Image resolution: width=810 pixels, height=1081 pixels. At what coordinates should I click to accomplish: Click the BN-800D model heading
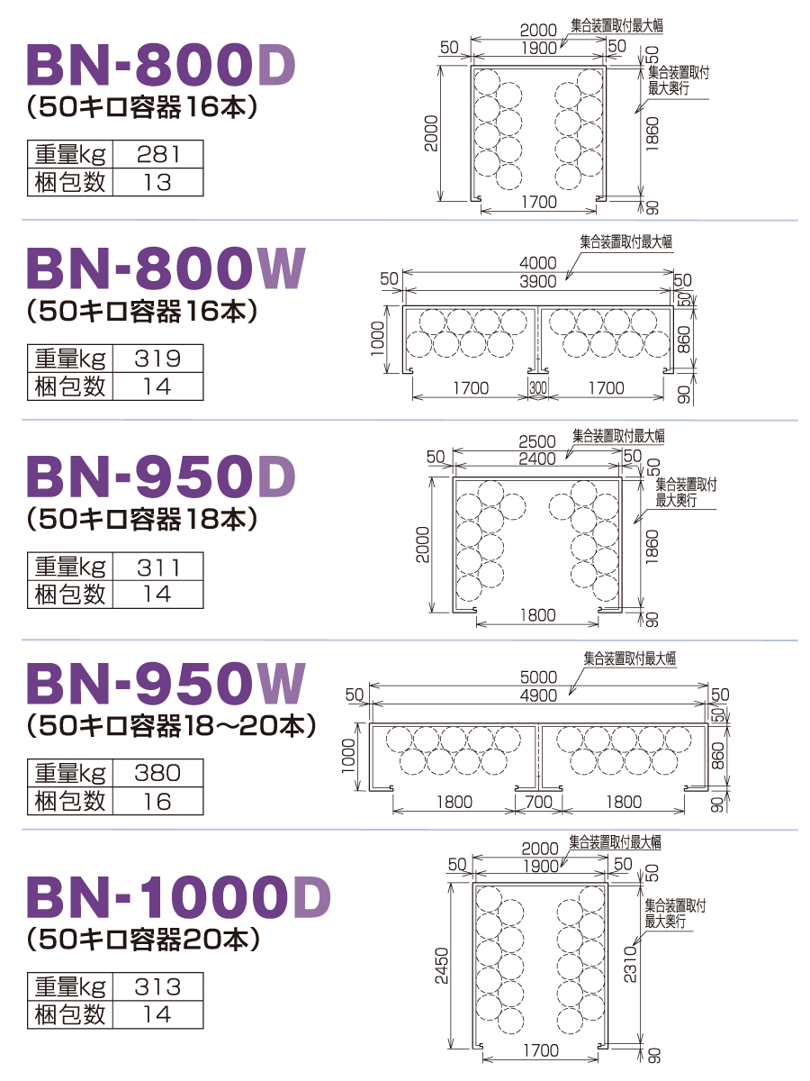click(161, 65)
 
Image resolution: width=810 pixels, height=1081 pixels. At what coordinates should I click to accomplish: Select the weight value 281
click(157, 154)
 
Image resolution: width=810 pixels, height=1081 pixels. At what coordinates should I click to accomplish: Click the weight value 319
click(157, 358)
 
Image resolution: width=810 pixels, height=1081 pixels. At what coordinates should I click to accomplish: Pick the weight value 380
click(157, 773)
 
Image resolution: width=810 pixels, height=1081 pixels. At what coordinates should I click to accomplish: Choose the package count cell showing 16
click(157, 801)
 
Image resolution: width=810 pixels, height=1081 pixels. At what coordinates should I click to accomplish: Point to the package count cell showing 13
click(157, 182)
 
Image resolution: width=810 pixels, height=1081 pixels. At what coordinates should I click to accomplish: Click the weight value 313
click(157, 986)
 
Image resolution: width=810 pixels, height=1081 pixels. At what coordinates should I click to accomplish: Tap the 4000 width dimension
click(538, 263)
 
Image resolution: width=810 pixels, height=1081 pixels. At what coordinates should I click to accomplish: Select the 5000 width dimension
click(538, 677)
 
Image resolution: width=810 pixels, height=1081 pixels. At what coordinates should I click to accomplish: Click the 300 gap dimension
click(538, 388)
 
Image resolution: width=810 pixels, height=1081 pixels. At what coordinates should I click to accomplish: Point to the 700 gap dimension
click(539, 803)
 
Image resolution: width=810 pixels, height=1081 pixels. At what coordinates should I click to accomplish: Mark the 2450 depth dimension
click(442, 966)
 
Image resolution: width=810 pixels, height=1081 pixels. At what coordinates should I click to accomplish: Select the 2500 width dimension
click(537, 441)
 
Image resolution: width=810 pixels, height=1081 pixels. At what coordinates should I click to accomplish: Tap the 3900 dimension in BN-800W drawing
click(538, 282)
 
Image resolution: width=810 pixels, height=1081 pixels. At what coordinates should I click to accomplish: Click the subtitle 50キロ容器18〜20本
click(172, 726)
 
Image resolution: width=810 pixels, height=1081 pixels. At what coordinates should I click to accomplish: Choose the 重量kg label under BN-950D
click(70, 567)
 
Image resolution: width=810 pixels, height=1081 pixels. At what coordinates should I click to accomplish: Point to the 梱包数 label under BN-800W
click(70, 386)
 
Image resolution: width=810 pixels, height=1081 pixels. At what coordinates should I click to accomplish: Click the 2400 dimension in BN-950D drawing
click(537, 459)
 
